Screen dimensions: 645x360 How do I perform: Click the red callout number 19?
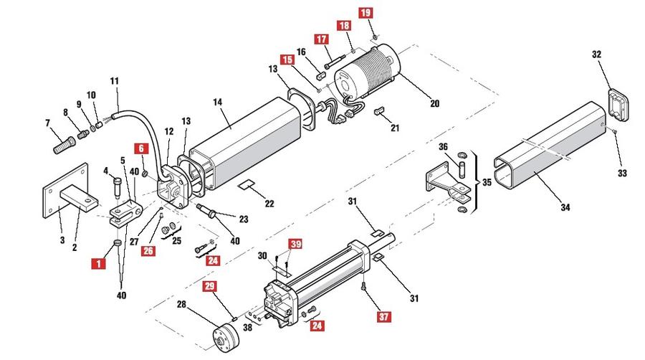365,13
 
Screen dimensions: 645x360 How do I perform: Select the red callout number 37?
384,316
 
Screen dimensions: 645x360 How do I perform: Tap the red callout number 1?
99,263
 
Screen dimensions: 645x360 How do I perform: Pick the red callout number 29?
210,286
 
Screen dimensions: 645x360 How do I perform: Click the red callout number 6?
141,148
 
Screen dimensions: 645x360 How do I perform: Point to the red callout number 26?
148,250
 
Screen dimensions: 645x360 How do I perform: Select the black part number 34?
565,207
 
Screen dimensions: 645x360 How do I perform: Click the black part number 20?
434,103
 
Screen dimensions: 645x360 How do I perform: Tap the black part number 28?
181,305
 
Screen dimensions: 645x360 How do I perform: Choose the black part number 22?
269,203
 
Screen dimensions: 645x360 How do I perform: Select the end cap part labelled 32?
618,105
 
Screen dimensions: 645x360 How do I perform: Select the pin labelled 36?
462,169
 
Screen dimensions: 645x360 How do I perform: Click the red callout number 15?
287,60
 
